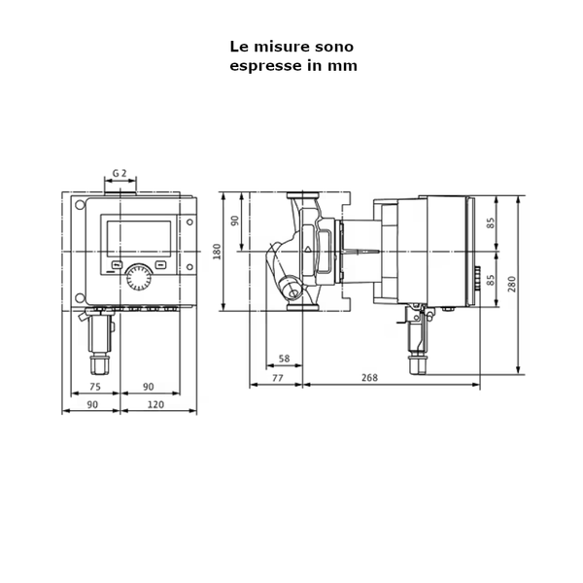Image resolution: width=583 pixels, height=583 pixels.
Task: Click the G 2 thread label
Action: (120, 173)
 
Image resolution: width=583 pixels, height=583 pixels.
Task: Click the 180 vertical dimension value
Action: (218, 252)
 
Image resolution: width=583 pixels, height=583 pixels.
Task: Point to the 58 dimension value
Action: (284, 360)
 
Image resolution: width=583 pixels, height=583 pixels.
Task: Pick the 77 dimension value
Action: (276, 377)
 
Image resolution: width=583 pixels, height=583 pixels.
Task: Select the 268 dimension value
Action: (369, 377)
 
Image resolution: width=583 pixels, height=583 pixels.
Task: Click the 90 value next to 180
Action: (234, 221)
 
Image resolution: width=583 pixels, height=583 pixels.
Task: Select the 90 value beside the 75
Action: (149, 386)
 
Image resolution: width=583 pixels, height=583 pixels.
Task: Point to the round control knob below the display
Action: (138, 279)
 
